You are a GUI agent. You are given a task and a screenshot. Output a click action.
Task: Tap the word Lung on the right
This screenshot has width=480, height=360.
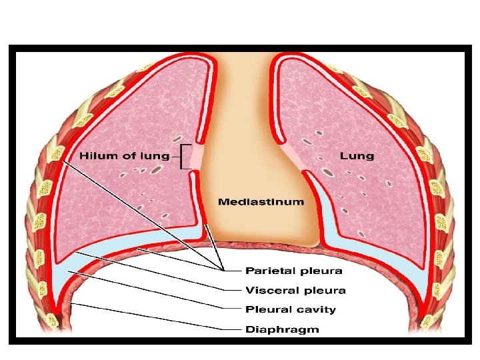pos(357,157)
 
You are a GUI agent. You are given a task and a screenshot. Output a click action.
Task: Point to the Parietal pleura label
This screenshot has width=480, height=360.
pos(294,271)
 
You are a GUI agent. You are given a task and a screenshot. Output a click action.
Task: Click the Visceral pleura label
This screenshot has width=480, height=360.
pos(295,290)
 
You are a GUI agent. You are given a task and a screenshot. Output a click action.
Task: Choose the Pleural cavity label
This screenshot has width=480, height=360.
pos(291,309)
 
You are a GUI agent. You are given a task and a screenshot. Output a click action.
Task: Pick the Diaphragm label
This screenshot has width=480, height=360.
pos(282,329)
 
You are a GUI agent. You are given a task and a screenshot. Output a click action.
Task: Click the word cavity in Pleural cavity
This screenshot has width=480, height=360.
pos(316,309)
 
